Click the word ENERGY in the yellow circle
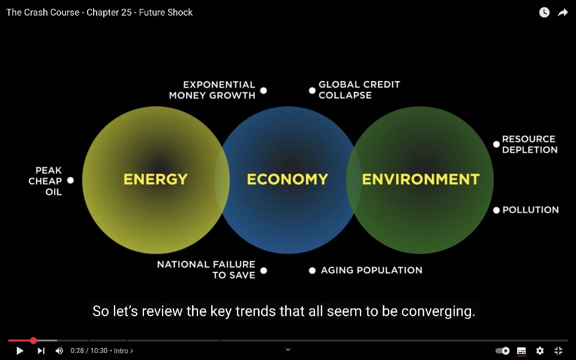click(155, 179)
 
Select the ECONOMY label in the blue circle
click(287, 179)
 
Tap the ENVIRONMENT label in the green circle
click(421, 179)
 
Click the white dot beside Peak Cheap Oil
click(71, 181)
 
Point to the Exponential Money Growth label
click(212, 90)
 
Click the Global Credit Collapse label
click(359, 89)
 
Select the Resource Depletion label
click(530, 145)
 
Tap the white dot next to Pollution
click(496, 210)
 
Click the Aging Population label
click(371, 271)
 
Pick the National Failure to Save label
click(206, 269)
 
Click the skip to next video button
click(41, 351)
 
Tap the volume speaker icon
click(59, 351)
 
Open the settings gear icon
click(539, 351)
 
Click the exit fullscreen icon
click(559, 351)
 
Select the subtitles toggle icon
click(521, 351)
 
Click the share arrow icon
click(563, 13)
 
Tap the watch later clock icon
click(544, 13)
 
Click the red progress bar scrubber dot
click(34, 341)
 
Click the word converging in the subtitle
click(438, 311)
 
